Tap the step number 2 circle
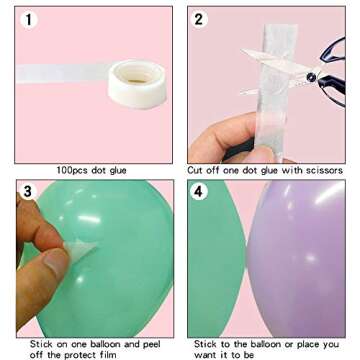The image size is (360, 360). click(x=200, y=20)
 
